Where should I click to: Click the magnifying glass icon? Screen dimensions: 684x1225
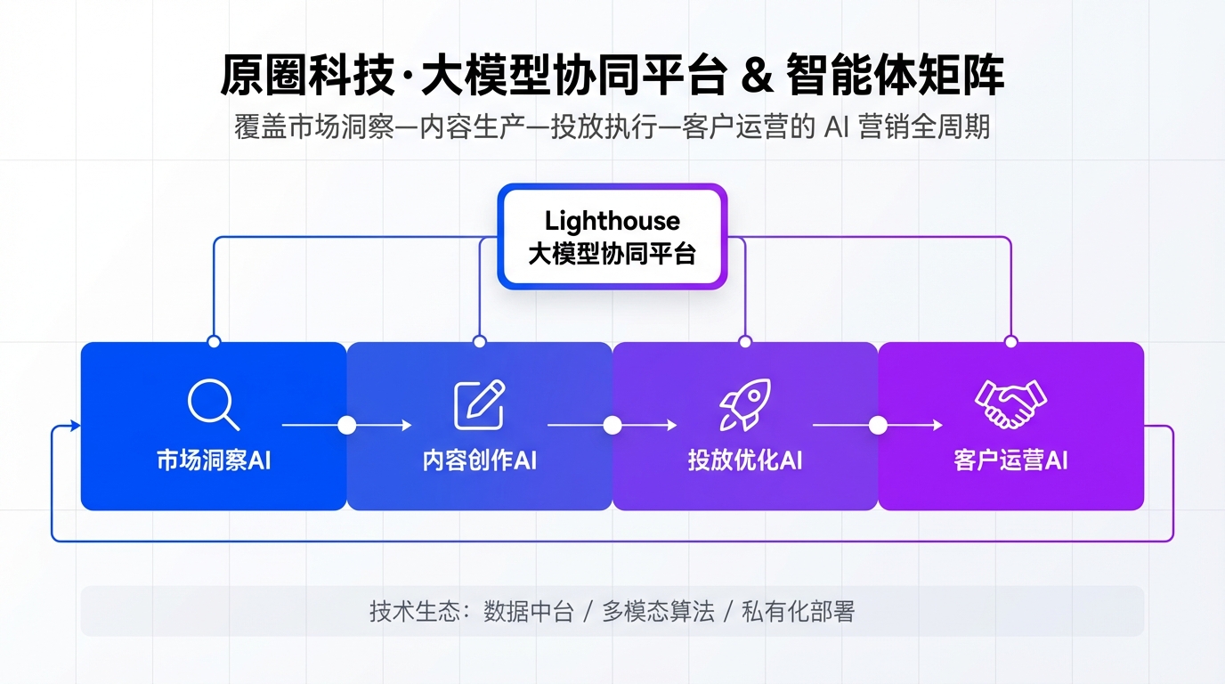click(213, 405)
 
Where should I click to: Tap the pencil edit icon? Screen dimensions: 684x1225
click(479, 405)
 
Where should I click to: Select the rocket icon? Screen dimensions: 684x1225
click(744, 405)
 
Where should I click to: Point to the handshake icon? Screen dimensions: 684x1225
click(1010, 404)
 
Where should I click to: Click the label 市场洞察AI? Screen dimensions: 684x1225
click(214, 460)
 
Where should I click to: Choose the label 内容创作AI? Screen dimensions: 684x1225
click(479, 460)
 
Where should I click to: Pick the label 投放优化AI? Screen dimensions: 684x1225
click(745, 460)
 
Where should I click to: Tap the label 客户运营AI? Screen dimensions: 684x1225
click(1010, 460)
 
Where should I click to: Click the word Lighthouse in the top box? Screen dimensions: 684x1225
click(612, 221)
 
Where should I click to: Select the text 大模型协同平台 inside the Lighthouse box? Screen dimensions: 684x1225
click(612, 254)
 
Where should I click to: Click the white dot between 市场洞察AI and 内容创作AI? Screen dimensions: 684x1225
click(346, 426)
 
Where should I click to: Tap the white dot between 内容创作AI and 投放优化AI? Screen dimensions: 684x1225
click(612, 426)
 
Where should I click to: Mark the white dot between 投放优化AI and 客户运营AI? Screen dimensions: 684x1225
click(878, 426)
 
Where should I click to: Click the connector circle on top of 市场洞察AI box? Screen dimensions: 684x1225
click(214, 342)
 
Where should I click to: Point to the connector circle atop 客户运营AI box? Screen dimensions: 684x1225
click(1010, 342)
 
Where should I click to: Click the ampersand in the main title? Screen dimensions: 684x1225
click(755, 77)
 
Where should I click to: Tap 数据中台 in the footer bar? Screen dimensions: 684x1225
click(528, 612)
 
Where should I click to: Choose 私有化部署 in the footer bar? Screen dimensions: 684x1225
click(798, 612)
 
